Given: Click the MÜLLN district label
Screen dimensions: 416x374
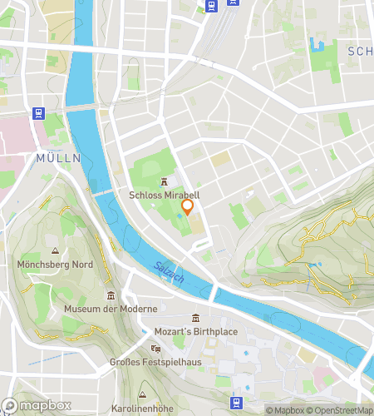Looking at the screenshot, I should (58, 157).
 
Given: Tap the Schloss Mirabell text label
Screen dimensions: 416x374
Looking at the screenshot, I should (164, 196).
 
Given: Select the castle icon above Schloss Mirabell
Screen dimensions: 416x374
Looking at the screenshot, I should (164, 182).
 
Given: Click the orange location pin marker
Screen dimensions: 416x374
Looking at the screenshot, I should (188, 206).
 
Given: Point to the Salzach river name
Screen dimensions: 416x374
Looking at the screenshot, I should (169, 273).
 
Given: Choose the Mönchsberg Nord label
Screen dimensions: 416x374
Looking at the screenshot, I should (56, 265).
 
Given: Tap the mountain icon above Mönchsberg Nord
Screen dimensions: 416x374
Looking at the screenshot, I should (56, 251).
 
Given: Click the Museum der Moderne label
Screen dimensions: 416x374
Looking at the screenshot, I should (110, 310).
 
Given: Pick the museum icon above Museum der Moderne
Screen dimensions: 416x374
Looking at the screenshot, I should (111, 295).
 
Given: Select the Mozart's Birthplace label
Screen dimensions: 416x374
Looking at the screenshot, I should (196, 332).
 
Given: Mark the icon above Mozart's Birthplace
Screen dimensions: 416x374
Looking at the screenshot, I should (196, 318).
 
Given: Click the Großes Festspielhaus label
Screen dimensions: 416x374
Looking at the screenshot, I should (155, 362).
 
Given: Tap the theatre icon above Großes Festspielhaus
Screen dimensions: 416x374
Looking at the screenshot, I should (155, 349).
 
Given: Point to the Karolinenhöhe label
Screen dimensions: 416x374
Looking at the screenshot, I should (144, 408).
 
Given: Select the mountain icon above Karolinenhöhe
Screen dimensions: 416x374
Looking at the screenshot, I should (144, 394).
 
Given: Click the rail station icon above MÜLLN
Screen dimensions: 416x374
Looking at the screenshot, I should (37, 113).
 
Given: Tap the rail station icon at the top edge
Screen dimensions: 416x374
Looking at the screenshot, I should (212, 6).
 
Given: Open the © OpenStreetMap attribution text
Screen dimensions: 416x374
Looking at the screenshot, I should (341, 410).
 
